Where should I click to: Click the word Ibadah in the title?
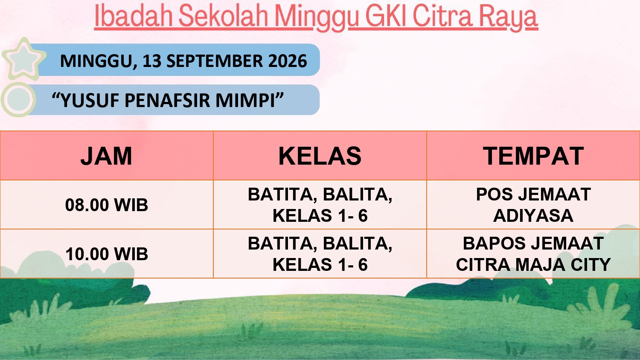pos(133,16)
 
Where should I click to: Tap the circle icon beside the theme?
pos(18,99)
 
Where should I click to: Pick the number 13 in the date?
pos(152,61)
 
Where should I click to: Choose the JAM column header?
pos(106,156)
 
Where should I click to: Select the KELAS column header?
pos(320,156)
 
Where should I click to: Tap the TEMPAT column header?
pos(533,156)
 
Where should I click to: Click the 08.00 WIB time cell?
pos(107,205)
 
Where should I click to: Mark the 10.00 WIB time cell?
pos(107,254)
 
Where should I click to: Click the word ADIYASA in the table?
pos(533,215)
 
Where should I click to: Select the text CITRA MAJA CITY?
pos(533,264)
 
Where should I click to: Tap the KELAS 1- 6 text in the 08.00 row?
pos(320,215)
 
